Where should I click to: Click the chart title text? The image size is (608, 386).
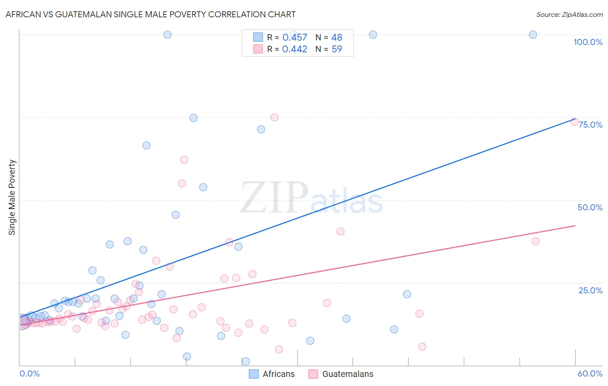150,14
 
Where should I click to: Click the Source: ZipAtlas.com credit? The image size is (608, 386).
569,14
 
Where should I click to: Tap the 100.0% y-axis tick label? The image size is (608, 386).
588,42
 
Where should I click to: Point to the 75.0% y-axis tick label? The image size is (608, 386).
590,125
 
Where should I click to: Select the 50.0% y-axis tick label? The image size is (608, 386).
590,207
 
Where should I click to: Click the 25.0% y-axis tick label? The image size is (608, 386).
590,290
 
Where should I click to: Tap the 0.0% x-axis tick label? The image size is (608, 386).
30,373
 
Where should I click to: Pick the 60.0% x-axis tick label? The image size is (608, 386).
590,373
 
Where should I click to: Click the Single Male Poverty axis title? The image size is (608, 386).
12,197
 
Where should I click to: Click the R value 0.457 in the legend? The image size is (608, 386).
294,38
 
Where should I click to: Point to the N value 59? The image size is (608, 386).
336,49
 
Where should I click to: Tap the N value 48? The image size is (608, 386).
336,38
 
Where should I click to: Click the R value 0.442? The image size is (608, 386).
294,49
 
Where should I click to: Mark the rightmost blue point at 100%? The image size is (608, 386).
533,35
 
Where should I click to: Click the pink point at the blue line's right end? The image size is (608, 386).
574,122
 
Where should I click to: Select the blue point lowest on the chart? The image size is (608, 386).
246,361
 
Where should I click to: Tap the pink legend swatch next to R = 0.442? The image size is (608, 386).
258,49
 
